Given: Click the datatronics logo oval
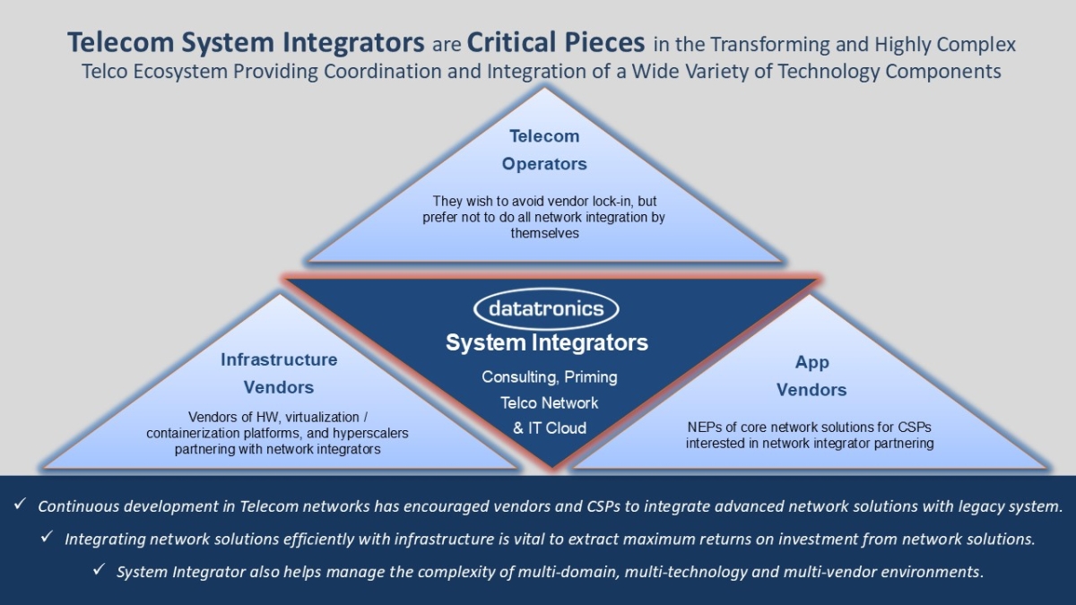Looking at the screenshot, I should click(x=546, y=309).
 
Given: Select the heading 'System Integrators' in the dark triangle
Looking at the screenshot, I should click(x=546, y=342).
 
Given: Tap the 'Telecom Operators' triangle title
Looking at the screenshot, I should click(x=544, y=150).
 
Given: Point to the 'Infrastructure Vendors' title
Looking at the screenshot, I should click(x=279, y=373).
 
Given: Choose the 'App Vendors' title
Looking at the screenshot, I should click(x=811, y=376).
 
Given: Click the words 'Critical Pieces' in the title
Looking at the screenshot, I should click(x=555, y=42).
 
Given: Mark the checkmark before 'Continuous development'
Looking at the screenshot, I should click(x=20, y=506).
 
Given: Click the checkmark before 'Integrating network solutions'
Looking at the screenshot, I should click(x=47, y=538).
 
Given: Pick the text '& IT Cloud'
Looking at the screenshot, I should click(x=549, y=428).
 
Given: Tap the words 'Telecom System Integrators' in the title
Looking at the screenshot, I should click(x=246, y=42).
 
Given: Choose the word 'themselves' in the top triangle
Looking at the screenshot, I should click(x=545, y=233).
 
